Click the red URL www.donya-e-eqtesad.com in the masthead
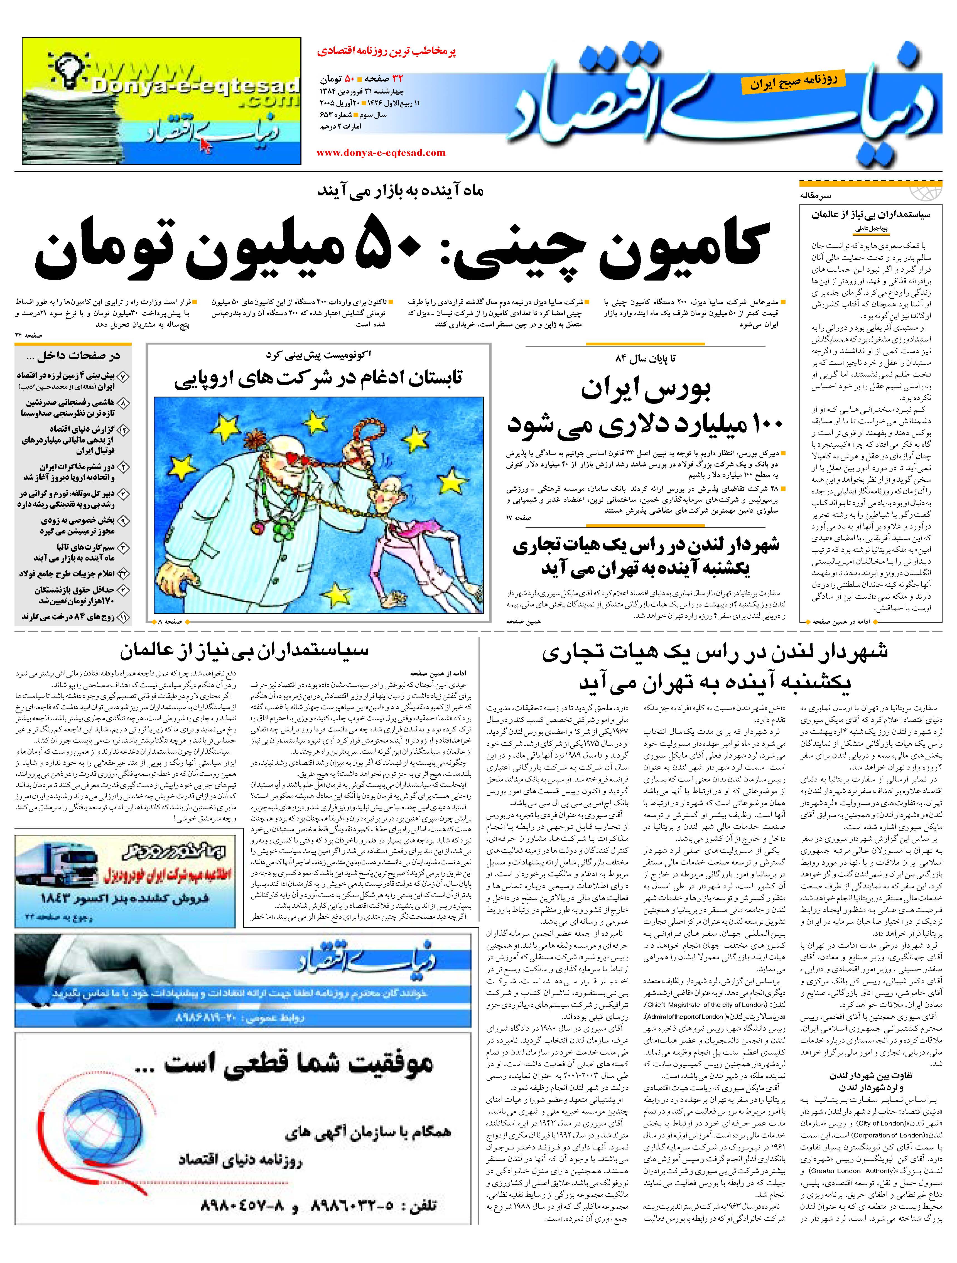pyautogui.click(x=381, y=153)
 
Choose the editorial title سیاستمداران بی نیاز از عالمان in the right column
pyautogui.click(x=871, y=215)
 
